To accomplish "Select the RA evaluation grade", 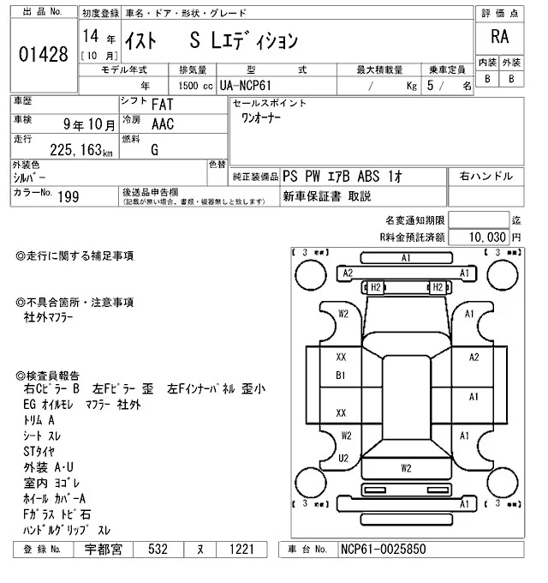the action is pos(497,38).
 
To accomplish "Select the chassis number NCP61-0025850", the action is pos(382,548).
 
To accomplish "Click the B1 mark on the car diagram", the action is pos(341,376).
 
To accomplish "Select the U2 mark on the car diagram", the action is pos(344,458).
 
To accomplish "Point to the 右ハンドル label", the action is pos(486,176).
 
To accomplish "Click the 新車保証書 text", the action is pos(313,196).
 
